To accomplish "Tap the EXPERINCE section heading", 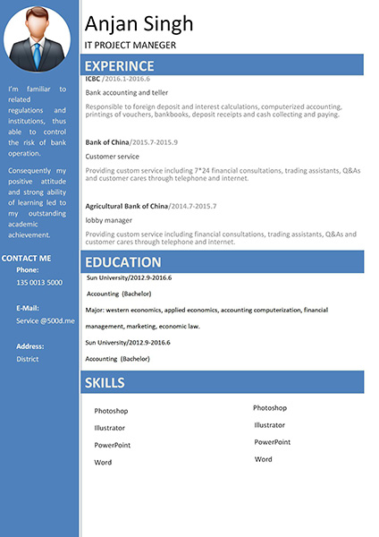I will (119, 65).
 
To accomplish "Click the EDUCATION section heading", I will (122, 262).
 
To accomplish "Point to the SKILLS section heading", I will (104, 383).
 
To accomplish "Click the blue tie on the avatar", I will (37, 55).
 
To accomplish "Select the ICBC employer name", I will (93, 79).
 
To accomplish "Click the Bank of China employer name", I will (107, 142).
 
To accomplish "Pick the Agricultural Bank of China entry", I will (126, 206).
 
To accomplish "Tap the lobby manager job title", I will (108, 220).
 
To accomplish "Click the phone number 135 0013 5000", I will (39, 283).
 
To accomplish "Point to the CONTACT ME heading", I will (27, 259).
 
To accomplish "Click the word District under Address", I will (28, 359).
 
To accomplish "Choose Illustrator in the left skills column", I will (110, 428).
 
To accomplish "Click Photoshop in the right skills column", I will (270, 408).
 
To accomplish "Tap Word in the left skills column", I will (103, 463).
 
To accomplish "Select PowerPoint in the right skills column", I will (272, 442).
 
